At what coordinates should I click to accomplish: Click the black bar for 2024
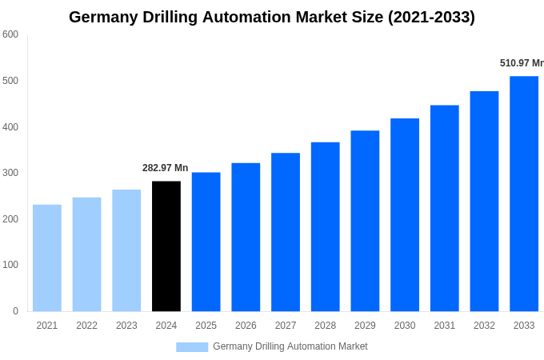[166, 246]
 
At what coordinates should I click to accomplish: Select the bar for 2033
[524, 194]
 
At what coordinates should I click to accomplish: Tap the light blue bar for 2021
[47, 258]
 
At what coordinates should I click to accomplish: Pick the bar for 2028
[325, 226]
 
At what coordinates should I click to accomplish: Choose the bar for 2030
[405, 214]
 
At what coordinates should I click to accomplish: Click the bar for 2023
[126, 250]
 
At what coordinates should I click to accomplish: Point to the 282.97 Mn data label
[165, 168]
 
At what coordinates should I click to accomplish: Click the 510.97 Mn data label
[521, 63]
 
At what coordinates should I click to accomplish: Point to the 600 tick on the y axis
[10, 34]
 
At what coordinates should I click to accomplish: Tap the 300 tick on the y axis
[10, 173]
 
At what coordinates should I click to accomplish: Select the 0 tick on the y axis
[15, 311]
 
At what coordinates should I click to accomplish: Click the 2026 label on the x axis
[246, 326]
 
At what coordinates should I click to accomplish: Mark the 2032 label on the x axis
[484, 326]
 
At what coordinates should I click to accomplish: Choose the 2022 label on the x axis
[86, 326]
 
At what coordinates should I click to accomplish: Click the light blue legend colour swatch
[192, 346]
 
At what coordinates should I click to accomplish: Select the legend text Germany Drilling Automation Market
[290, 346]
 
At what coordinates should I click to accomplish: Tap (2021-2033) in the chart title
[431, 17]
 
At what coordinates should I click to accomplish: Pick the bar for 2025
[206, 242]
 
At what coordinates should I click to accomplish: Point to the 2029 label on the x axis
[365, 326]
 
